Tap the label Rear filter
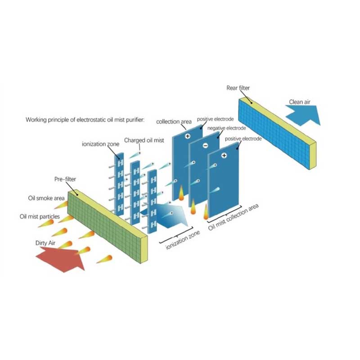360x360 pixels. pos(238,88)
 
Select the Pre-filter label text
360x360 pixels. pos(65,179)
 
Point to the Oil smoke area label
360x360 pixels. pos(46,198)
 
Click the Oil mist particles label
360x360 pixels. pos(40,216)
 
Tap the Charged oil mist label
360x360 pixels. pos(144,140)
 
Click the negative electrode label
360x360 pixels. pos(227,128)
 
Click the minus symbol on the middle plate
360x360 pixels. pos(206,145)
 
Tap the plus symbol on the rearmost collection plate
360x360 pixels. pos(188,136)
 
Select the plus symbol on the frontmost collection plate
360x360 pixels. pos(224,156)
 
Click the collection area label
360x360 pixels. pos(174,121)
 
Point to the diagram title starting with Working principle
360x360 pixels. pos(85,120)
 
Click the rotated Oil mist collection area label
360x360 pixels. pos(233,217)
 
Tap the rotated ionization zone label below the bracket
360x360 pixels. pos(183,240)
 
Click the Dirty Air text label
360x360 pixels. pos(45,243)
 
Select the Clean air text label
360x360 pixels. pos(299,102)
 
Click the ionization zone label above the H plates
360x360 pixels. pos(100,144)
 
